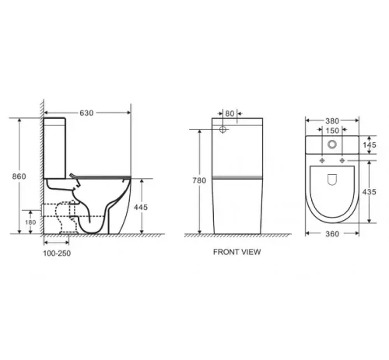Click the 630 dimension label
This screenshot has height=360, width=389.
(86, 113)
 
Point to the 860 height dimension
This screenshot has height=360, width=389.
(19, 177)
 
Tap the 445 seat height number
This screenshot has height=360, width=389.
(141, 207)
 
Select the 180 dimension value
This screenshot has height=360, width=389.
(30, 222)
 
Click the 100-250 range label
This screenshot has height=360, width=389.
(57, 253)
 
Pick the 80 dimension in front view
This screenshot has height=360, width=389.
(230, 114)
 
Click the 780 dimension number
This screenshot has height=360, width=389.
(199, 180)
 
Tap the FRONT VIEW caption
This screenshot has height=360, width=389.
(237, 252)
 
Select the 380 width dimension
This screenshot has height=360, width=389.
(332, 121)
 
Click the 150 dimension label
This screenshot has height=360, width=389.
(332, 131)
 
